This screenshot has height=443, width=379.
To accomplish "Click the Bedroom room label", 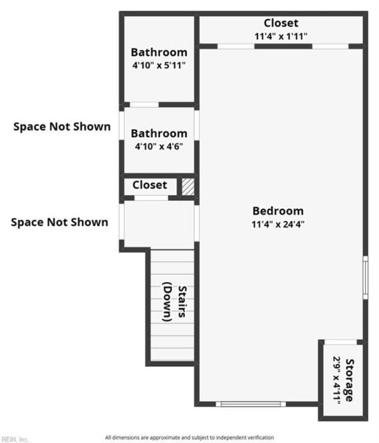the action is point(278,211).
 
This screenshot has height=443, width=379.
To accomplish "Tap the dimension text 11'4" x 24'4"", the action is point(278,224).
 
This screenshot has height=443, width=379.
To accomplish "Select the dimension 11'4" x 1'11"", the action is point(281,36).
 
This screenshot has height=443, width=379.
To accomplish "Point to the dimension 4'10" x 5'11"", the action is point(159,66).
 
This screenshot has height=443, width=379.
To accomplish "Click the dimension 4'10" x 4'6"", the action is point(159,147).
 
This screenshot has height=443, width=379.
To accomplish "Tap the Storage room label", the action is point(350,380).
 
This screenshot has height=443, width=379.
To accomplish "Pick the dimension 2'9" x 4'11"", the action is point(336,380).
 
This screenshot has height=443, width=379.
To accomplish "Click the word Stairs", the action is point(182,302).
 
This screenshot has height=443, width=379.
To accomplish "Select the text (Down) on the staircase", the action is point(167,302).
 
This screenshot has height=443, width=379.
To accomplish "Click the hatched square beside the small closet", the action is point(188,187).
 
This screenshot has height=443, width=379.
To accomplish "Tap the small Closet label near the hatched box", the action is point(150,185).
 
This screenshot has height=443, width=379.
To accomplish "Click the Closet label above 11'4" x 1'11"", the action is point(281,23).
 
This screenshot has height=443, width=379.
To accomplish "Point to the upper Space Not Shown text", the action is point(62,126).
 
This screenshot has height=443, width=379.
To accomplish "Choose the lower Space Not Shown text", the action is point(60,222).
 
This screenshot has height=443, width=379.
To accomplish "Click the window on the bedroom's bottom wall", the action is point(251,404).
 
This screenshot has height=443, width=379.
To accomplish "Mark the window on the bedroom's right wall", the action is point(366,278).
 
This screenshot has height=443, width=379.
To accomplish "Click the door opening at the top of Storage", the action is point(341,342).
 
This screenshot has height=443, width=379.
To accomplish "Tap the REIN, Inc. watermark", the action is point(15,439).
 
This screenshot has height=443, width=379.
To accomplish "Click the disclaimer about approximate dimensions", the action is point(189,438).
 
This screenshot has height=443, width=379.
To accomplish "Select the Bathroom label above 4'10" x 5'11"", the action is point(159,52).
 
